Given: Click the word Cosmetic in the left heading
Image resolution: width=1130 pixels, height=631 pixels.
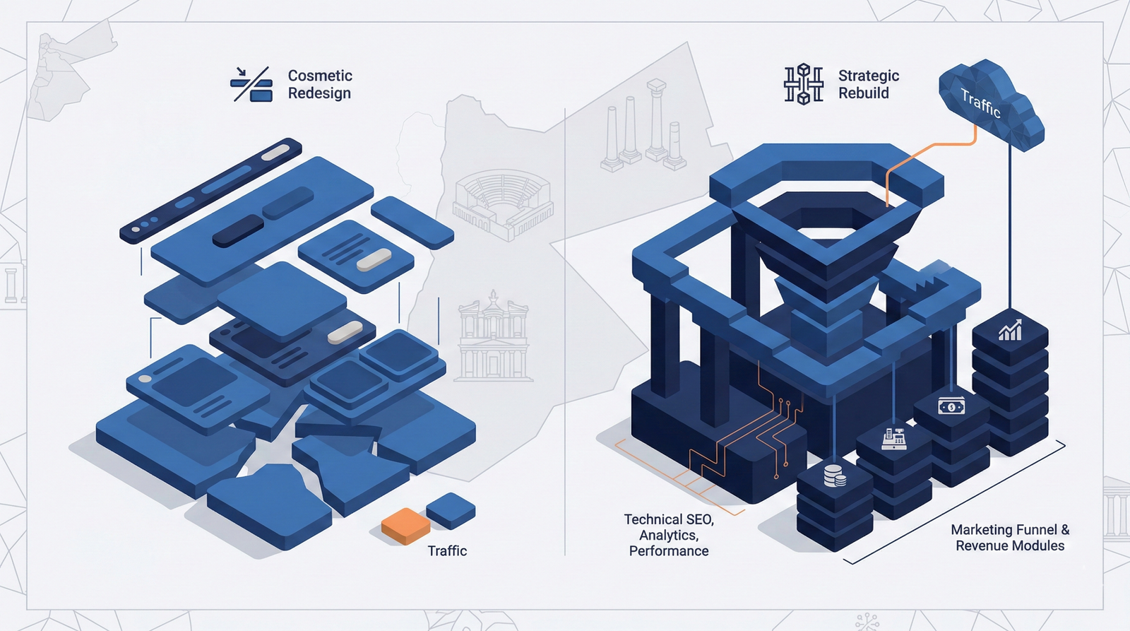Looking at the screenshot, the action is coord(320,76).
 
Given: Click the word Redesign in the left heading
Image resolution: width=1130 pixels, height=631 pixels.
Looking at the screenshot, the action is coord(319,93).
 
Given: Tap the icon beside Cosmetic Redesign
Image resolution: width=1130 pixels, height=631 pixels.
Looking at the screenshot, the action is coord(251,84).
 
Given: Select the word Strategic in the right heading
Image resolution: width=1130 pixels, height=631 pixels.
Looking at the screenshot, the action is coord(869,76).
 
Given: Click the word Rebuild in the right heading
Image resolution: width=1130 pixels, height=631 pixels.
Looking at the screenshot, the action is coord(864,93).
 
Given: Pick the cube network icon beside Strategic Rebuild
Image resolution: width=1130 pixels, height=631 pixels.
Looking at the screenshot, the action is coord(804,84).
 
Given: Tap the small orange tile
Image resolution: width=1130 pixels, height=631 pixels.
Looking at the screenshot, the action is coord(405,526).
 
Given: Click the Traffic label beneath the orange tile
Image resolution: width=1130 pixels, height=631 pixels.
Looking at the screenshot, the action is coord(447,550).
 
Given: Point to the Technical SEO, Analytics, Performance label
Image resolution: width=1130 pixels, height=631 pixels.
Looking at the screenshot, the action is coord(669,535).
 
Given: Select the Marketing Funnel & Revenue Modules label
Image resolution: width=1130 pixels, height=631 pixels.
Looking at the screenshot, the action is coord(1010,538).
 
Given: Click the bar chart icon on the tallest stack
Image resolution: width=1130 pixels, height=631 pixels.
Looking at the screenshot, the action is coord(1010,331).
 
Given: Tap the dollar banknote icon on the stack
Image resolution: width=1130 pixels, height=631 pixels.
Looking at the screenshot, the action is coord(951,406).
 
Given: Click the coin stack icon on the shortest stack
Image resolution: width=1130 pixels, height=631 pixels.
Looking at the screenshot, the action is coord(835,476).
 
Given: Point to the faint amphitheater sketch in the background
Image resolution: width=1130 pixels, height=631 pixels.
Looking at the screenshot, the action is coord(502,204).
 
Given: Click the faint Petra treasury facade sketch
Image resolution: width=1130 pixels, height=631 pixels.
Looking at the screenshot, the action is coord(494,336).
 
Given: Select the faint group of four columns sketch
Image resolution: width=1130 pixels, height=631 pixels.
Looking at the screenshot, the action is coord(643,125).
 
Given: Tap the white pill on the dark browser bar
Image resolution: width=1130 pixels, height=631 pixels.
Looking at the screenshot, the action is coord(275,153).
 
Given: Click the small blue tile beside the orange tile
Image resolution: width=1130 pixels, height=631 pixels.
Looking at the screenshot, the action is coord(451,511).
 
